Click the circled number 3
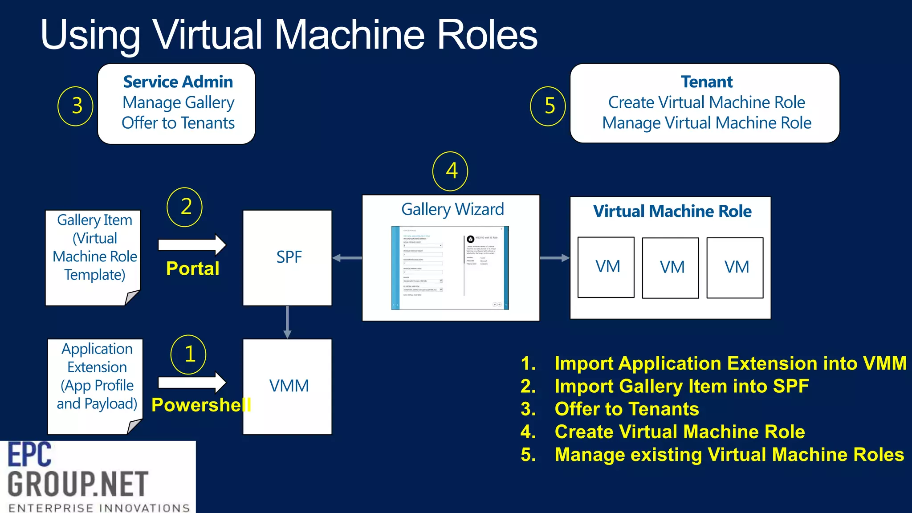pos(76,106)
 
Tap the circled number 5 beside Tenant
pos(548,106)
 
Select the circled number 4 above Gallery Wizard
pos(450,171)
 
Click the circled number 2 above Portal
pos(184,207)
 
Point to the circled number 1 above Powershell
pos(188,354)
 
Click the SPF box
pos(287,257)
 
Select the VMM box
pos(287,386)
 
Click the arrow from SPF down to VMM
pos(287,322)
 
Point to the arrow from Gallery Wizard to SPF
pos(347,258)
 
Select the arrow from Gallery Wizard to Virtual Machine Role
pos(554,258)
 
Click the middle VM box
pos(670,267)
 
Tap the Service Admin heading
pos(178,82)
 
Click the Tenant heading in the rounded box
pos(706,82)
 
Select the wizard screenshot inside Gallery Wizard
pos(450,268)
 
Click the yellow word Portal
pos(192,269)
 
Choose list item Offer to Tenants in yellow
pos(626,409)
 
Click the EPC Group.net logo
pos(98,476)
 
